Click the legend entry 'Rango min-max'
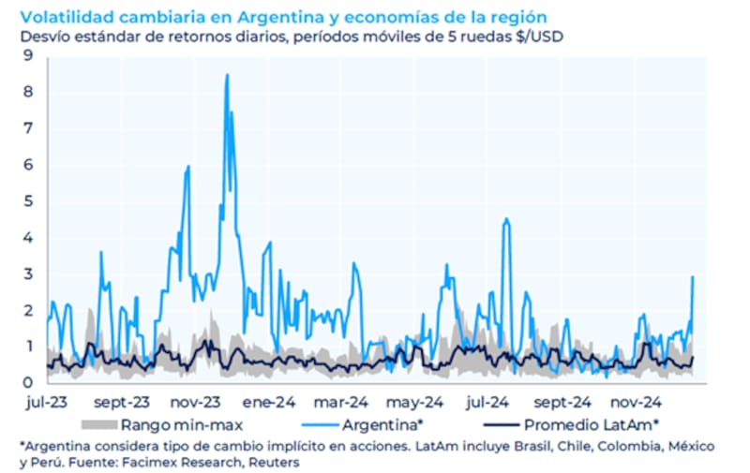[x=169, y=424]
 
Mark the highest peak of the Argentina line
[x=226, y=75]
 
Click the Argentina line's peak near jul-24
[x=506, y=219]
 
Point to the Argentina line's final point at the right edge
[x=693, y=276]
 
